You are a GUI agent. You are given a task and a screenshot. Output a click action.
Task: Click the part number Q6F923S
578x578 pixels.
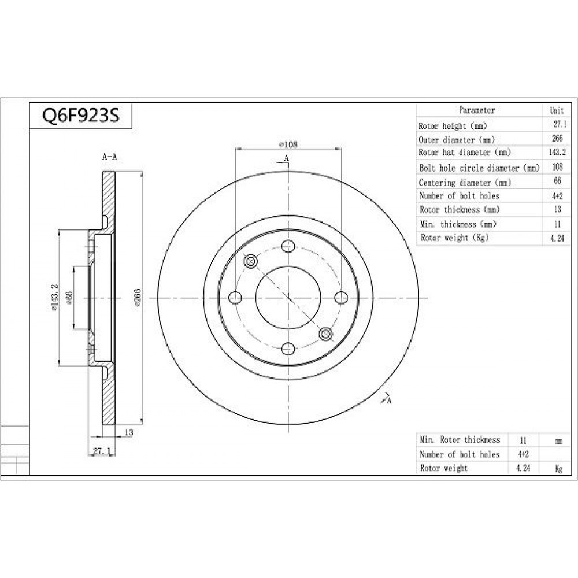pos(81,116)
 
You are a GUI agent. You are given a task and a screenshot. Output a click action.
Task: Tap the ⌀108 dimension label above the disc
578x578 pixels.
pos(288,144)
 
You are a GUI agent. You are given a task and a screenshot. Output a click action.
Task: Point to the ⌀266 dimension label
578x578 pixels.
pos(137,298)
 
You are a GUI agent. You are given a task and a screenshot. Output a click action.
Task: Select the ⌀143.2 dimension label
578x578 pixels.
pos(55,297)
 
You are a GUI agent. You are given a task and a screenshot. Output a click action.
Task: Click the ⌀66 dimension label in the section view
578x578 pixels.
pos(69,298)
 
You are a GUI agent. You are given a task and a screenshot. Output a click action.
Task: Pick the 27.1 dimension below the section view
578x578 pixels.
pos(101,451)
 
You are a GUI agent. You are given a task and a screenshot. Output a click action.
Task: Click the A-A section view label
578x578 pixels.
pos(109,157)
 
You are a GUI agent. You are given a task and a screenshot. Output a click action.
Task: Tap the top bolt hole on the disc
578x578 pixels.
pos(288,246)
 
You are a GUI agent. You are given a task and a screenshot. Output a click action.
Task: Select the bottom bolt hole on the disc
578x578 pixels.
pos(288,349)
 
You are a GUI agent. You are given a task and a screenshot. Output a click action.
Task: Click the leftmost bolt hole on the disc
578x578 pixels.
pos(235,297)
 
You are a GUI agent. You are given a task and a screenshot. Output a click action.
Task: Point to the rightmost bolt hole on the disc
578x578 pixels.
pos(341,297)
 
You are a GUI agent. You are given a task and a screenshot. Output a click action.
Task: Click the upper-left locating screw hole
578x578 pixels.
pos(251,261)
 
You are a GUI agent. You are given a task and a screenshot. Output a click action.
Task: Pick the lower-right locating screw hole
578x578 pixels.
pos(325,334)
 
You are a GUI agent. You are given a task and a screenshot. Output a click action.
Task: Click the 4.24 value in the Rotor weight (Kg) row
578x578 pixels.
pos(557,238)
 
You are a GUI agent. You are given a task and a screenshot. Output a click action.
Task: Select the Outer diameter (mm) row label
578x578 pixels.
pos(457,140)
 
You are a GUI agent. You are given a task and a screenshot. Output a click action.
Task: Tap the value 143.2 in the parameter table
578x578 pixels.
pos(557,152)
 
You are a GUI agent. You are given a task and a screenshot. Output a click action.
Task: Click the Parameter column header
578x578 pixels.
pos(477,110)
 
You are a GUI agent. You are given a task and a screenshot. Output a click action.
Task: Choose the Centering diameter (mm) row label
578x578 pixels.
pos(465,183)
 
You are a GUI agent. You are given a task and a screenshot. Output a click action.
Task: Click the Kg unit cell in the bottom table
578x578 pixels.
pos(558,469)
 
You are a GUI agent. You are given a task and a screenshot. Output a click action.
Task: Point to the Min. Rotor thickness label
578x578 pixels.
pos(460,440)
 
